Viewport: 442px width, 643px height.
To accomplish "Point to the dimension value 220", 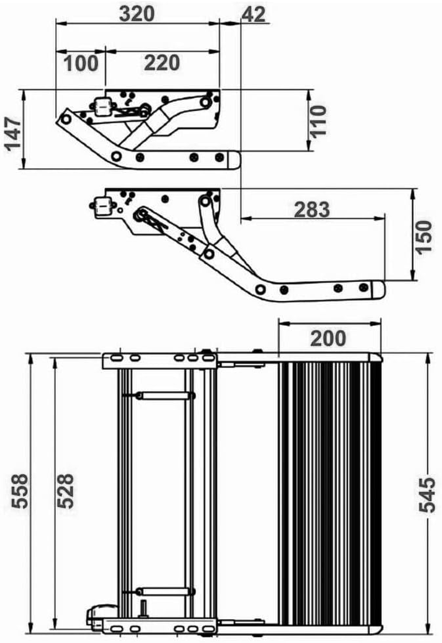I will [162, 63].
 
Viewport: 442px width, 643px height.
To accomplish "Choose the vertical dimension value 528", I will [66, 491].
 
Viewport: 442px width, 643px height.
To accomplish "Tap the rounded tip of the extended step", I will [378, 290].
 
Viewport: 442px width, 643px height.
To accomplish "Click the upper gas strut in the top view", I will [164, 395].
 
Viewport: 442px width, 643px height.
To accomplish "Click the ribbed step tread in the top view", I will [329, 492].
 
